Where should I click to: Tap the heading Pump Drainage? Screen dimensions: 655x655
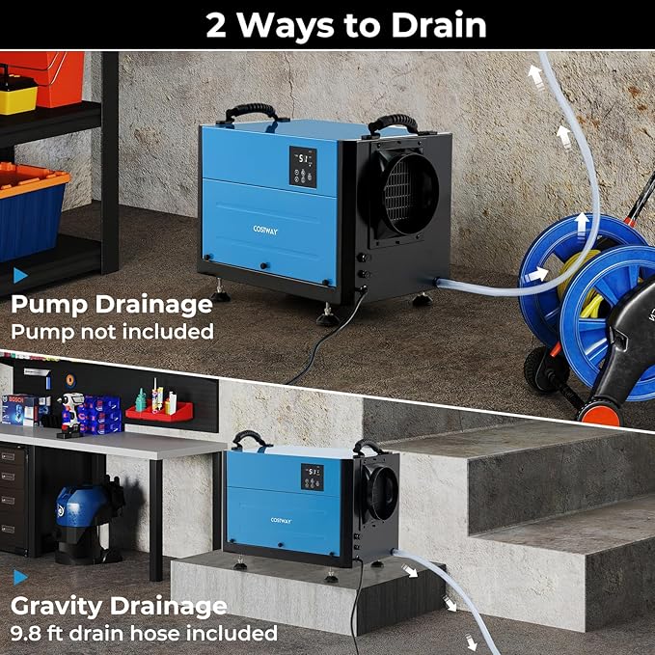pos(112,305)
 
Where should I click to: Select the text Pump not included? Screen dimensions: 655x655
pos(112,331)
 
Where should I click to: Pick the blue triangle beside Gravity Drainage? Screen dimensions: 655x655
pos(20,578)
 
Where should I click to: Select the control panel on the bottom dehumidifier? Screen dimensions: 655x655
pos(312,476)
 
